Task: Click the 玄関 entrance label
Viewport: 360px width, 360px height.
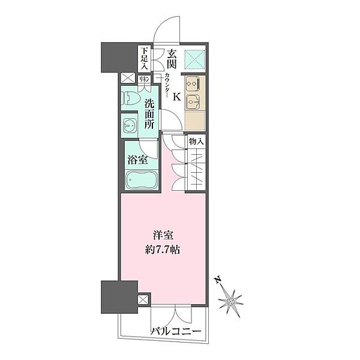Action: (171, 58)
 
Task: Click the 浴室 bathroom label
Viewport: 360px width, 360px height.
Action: (137, 160)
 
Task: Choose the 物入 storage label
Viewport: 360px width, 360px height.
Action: (196, 142)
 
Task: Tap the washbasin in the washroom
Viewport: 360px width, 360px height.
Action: (130, 124)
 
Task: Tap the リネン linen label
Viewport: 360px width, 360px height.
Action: (144, 79)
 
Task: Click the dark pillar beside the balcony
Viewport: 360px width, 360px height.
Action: (119, 296)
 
